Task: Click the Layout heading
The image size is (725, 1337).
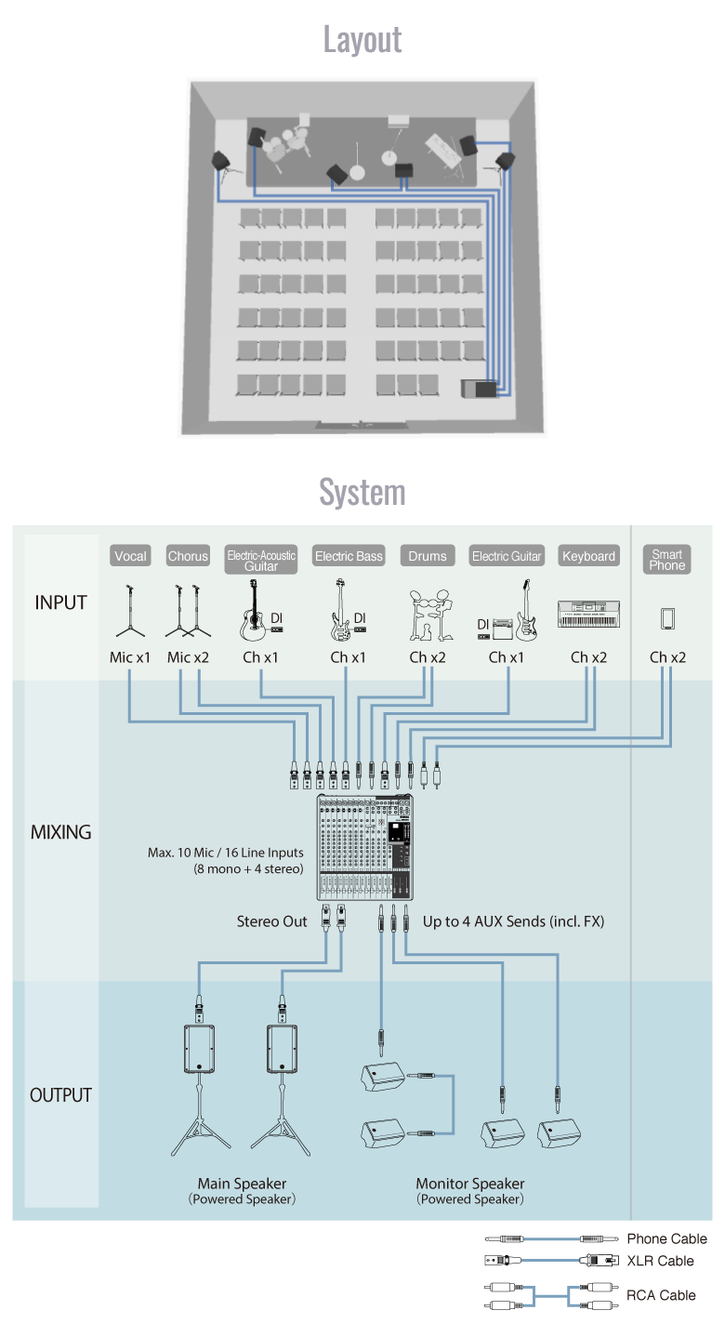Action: [x=362, y=39]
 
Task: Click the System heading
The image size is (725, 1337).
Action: [x=362, y=491]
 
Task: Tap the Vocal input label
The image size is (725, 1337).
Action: [x=130, y=556]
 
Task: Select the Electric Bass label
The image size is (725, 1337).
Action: [x=349, y=556]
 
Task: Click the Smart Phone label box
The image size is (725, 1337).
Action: [x=667, y=560]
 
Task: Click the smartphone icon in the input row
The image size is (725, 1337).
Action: [x=667, y=618]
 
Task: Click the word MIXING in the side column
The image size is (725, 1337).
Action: [x=61, y=832]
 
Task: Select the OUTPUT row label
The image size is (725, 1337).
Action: [x=61, y=1095]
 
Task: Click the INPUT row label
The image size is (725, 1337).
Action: [x=61, y=602]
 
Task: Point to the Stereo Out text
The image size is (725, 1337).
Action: [x=271, y=921]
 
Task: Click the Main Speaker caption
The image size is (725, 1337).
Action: [x=242, y=1184]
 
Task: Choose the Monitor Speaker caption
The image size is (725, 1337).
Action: [x=470, y=1184]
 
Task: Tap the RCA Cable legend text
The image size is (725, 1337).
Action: [x=661, y=1294]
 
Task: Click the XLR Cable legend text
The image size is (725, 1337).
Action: [x=660, y=1261]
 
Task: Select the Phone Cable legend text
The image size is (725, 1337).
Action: [x=666, y=1238]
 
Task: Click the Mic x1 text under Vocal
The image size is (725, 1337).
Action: [x=130, y=657]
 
